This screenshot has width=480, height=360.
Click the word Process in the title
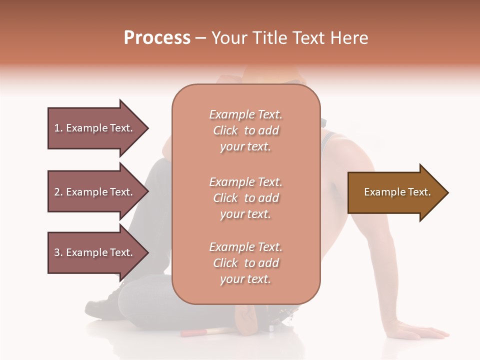[157, 38]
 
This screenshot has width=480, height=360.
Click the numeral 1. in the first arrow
[58, 128]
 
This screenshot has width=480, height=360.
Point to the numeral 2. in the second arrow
[58, 192]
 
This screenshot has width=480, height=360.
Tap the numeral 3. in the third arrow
[58, 252]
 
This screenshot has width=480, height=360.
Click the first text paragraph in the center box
[245, 130]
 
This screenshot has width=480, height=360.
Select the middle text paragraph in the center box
[245, 198]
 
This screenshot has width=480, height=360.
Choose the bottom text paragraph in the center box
[245, 263]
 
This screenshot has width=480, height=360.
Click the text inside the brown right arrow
[397, 192]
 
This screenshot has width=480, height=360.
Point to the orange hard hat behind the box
[270, 75]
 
